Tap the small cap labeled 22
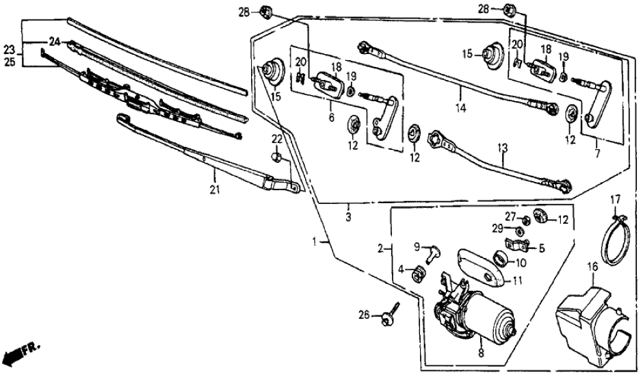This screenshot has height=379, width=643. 276,157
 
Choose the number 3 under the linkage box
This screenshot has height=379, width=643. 348,217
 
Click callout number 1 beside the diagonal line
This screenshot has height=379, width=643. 315,241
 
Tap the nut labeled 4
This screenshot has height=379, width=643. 415,275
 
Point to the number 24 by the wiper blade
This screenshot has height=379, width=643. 53,43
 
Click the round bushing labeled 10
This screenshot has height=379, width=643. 500,259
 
